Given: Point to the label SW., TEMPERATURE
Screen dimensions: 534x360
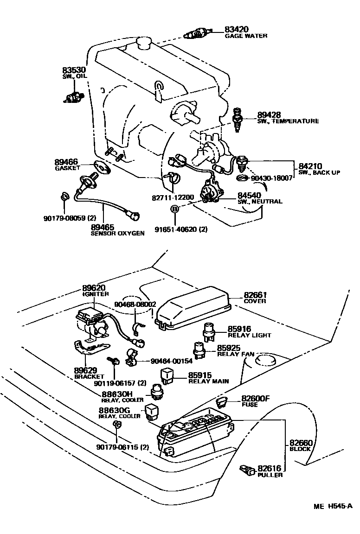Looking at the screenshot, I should pos(288,121).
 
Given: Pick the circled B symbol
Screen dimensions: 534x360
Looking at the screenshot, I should pos(175,209).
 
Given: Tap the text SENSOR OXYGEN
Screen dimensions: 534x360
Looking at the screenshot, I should pos(117,234).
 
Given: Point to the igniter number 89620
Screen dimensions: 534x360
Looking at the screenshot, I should pos(95,287).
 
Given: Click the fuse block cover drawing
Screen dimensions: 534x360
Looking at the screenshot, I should pos(194,307).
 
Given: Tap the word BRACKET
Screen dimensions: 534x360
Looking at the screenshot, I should pos(90,376).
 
